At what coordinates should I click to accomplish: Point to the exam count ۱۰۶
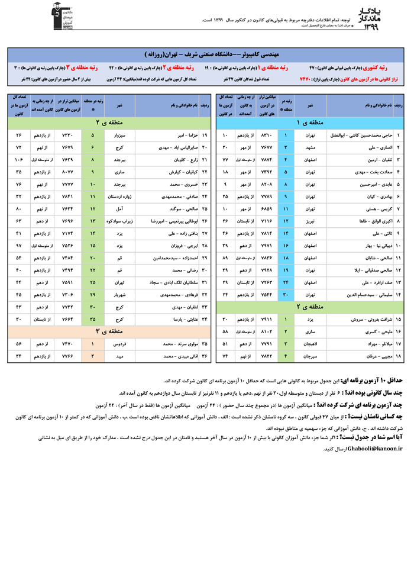pos(18,159)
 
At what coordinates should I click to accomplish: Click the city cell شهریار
pos(119,294)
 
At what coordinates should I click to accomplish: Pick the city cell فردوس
pos(119,343)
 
